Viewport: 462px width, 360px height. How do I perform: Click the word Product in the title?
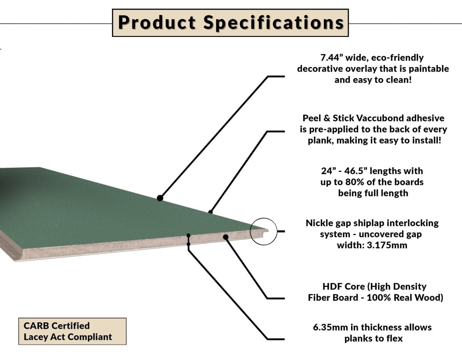157,23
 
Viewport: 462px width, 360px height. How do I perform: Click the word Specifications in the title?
273,23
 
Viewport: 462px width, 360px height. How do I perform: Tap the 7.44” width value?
332,58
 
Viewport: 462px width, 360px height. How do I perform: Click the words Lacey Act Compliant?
68,337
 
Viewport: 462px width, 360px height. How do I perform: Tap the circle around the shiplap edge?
263,231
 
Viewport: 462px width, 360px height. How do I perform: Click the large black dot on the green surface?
160,198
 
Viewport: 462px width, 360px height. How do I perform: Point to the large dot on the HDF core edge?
226,237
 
